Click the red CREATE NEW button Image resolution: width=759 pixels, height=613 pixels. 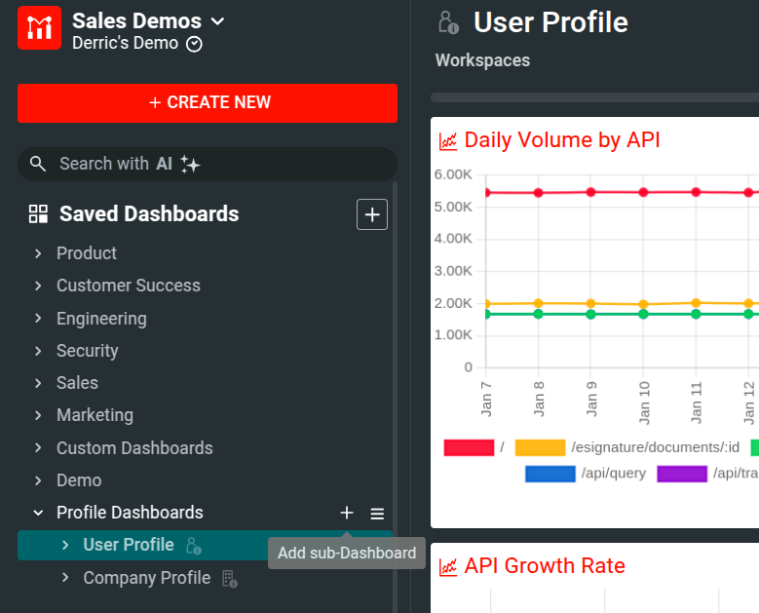208,102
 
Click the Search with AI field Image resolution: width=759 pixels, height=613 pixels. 208,164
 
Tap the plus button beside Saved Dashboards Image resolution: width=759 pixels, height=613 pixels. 372,214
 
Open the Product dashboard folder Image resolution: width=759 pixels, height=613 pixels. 86,253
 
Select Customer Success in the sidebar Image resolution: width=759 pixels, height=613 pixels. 128,286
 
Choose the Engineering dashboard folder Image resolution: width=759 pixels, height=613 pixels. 101,319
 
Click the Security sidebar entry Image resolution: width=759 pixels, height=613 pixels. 87,351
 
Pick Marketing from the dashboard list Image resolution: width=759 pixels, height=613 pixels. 95,415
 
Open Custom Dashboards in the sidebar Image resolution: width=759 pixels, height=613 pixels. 134,448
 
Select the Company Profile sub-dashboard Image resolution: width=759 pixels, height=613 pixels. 146,578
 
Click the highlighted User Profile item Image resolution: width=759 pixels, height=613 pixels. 129,545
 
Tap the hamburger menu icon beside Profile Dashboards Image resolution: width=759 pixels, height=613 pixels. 377,514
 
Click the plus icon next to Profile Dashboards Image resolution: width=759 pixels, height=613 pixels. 347,513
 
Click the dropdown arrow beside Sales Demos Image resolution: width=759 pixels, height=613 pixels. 218,21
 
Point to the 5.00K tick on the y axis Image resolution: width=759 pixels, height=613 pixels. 453,207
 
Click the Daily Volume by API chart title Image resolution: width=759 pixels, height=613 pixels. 562,140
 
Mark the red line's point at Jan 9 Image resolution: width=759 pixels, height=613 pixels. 590,192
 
